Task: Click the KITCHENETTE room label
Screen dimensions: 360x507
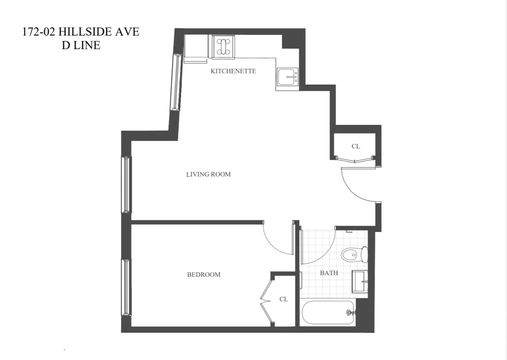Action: point(233,71)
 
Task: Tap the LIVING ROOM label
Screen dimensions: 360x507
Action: point(208,174)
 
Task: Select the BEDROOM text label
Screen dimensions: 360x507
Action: point(204,275)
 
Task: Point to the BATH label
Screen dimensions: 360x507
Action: point(329,273)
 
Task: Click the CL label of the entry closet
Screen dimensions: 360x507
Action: point(356,146)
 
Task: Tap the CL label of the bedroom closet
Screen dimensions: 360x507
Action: point(283,299)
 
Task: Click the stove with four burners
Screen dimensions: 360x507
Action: point(223,47)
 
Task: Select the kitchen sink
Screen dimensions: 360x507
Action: point(287,77)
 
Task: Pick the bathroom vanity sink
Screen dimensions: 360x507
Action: point(360,282)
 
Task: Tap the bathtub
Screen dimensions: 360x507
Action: point(328,313)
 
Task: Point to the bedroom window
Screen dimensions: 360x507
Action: point(126,287)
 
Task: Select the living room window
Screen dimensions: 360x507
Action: point(126,185)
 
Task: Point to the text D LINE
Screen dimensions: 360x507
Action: point(81,45)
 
